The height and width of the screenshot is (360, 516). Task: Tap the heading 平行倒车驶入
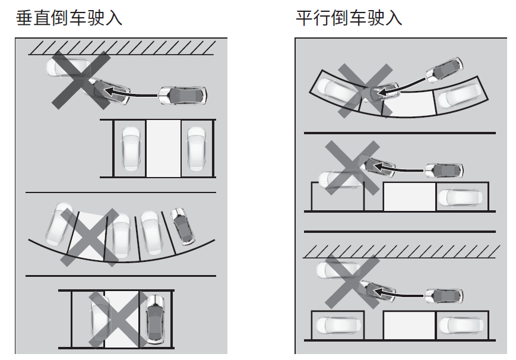[349, 18]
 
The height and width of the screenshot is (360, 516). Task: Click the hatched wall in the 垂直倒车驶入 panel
[121, 48]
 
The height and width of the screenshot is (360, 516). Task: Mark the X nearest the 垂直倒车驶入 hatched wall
[80, 80]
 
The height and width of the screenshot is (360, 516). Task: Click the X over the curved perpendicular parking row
[90, 236]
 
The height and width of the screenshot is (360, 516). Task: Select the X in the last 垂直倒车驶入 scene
[118, 320]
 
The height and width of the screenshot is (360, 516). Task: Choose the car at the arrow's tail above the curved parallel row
[444, 70]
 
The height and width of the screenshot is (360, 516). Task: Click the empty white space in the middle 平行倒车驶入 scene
[409, 197]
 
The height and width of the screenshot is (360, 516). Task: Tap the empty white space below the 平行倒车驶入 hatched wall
[409, 325]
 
